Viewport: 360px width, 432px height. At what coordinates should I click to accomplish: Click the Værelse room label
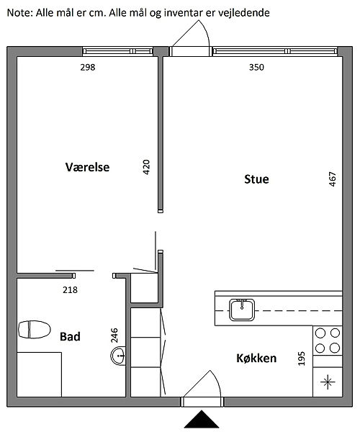[x=87, y=167]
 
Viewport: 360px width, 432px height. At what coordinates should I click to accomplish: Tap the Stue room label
[x=256, y=179]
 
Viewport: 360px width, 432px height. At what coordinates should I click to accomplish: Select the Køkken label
[x=256, y=358]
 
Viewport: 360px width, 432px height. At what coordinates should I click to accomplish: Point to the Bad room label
[x=70, y=337]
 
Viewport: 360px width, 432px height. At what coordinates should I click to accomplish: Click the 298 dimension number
[x=88, y=67]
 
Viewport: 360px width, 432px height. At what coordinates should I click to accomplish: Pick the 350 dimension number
[x=256, y=67]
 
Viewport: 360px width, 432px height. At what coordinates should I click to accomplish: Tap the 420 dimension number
[x=146, y=167]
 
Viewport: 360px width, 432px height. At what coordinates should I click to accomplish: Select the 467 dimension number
[x=333, y=179]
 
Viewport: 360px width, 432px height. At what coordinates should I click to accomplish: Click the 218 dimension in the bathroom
[x=70, y=290]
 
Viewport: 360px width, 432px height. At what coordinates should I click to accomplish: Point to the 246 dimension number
[x=114, y=336]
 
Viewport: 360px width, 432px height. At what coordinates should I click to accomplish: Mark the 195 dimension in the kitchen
[x=302, y=359]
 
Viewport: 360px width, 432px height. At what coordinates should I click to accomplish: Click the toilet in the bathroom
[x=34, y=330]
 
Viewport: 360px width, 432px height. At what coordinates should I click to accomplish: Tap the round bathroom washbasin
[x=118, y=356]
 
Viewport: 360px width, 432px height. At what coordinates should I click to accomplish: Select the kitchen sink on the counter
[x=242, y=310]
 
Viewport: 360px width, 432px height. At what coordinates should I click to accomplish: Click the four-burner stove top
[x=328, y=341]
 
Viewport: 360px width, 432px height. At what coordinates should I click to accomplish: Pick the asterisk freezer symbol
[x=328, y=382]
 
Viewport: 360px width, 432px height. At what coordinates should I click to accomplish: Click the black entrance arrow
[x=202, y=419]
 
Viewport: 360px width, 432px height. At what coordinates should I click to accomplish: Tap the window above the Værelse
[x=118, y=51]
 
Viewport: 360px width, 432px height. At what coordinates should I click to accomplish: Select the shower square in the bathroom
[x=39, y=374]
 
